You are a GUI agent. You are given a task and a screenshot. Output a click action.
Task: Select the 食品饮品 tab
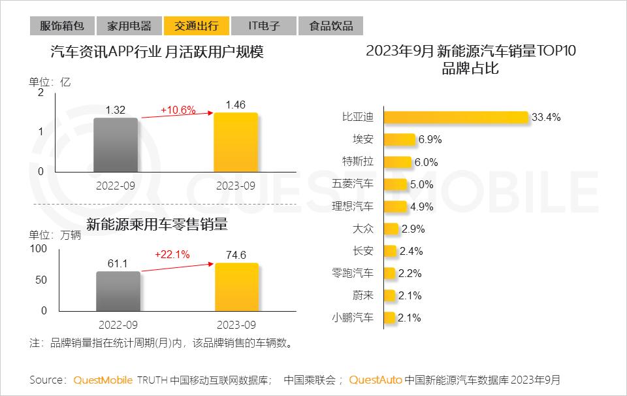(x=330, y=26)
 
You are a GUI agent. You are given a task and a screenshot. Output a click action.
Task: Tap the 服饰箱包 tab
(x=62, y=26)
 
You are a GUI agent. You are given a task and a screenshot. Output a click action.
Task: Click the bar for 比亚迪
(x=456, y=118)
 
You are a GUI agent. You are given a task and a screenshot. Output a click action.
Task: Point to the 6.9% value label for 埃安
(x=430, y=140)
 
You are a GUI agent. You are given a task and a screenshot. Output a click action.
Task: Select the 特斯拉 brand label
(x=359, y=162)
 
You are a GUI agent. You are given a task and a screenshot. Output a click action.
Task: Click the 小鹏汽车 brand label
(x=353, y=318)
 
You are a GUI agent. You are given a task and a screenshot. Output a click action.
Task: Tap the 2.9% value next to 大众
(x=413, y=229)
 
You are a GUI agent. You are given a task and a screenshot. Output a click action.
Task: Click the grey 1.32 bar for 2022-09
(x=116, y=144)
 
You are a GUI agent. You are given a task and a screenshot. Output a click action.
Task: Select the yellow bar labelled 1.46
(x=236, y=142)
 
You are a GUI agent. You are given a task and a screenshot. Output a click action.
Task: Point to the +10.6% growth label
(x=178, y=110)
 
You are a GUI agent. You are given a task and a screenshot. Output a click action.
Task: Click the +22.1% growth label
(x=172, y=255)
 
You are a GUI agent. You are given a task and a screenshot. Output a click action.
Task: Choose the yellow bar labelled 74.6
(x=236, y=287)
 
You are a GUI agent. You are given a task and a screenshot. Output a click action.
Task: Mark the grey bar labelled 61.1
(x=118, y=291)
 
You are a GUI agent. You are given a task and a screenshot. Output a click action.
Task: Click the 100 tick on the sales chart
(x=39, y=249)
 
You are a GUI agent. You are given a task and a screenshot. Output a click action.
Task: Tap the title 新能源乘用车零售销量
(x=157, y=225)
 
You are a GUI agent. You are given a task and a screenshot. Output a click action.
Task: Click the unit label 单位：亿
(x=49, y=83)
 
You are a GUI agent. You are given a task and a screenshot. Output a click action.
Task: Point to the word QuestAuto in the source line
(x=376, y=380)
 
